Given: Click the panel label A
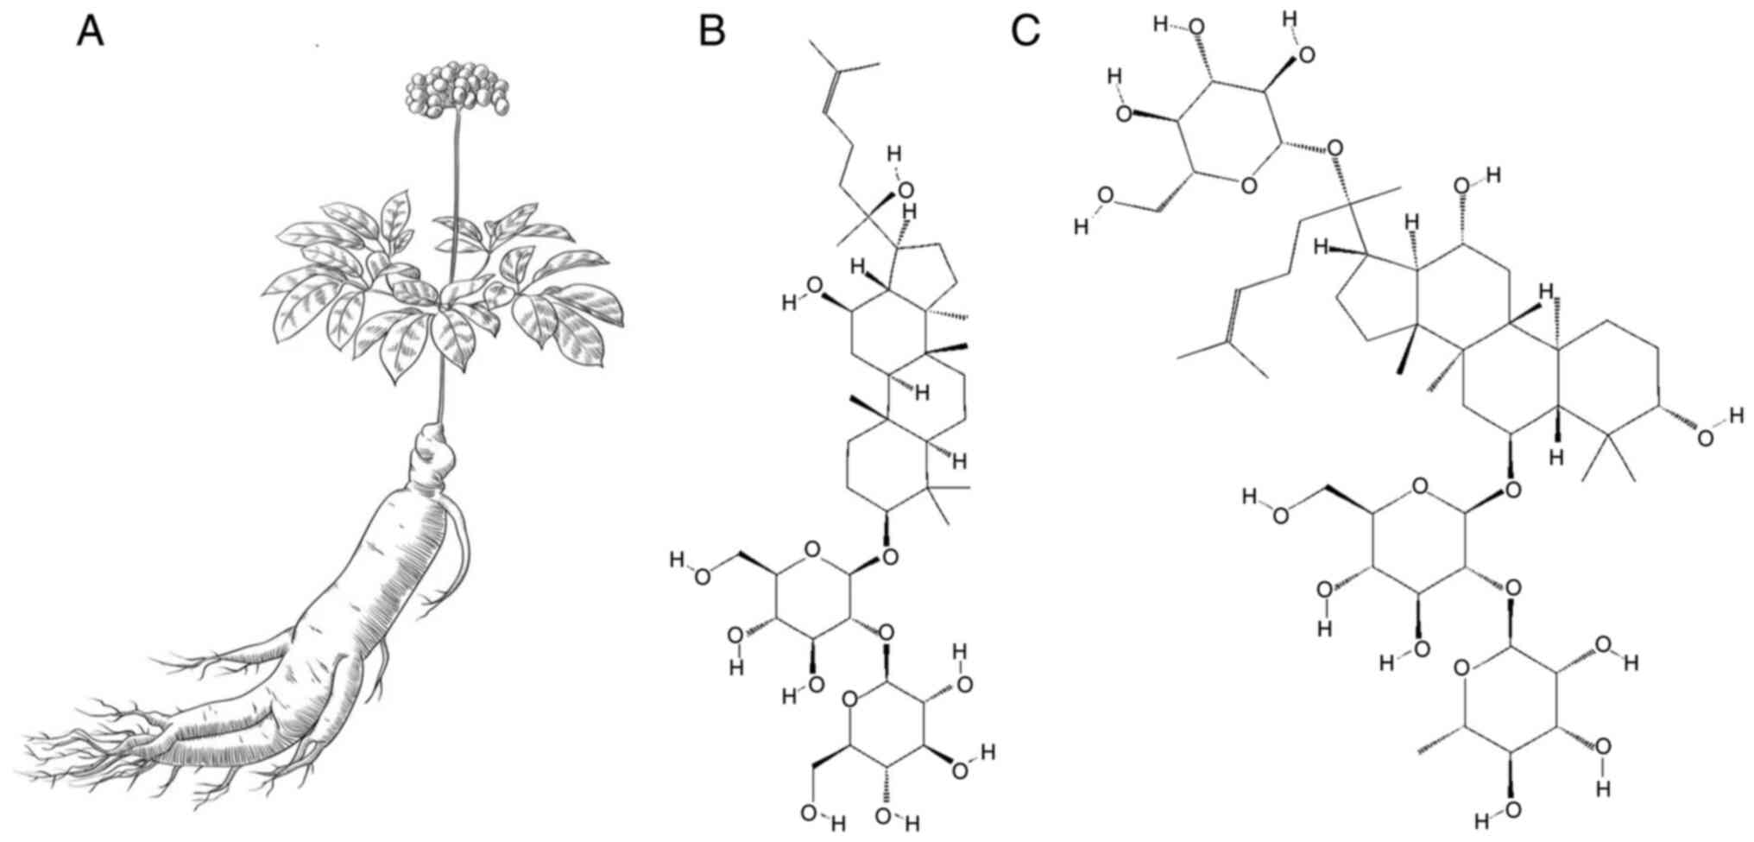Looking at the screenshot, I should (x=91, y=33).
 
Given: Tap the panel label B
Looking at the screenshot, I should (x=711, y=33).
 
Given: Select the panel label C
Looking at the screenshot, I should (x=1025, y=33).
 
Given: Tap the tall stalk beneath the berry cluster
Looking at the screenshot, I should (x=451, y=259).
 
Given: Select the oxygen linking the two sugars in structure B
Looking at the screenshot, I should (x=886, y=634).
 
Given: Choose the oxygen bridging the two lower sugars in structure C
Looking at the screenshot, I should (x=1511, y=588).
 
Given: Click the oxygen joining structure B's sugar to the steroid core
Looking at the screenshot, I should (x=890, y=557).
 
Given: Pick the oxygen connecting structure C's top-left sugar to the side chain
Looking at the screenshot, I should (x=1335, y=149).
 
